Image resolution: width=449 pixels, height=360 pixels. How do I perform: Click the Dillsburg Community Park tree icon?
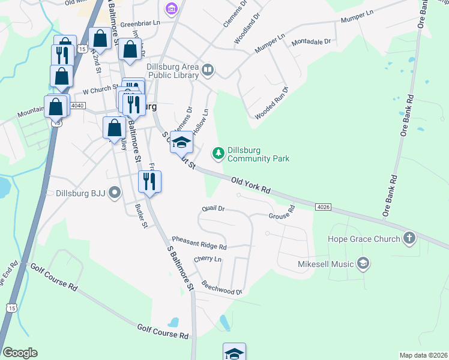point(218,154)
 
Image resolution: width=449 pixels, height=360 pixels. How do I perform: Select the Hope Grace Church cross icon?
point(409,239)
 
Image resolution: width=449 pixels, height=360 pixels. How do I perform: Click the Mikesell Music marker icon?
point(363,263)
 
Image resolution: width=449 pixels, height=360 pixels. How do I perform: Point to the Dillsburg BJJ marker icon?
point(115,193)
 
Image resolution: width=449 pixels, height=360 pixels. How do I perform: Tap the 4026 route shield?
point(323,207)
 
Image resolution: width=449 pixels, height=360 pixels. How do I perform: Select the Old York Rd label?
point(251,184)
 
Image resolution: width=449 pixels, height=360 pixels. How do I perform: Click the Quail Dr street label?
point(213,209)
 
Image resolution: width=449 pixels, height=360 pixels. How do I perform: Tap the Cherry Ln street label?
point(208,259)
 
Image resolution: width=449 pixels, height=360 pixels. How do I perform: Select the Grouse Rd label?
point(282,212)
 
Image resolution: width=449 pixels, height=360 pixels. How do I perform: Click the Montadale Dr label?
point(312,42)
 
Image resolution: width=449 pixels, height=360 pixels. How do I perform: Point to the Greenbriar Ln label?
point(140,23)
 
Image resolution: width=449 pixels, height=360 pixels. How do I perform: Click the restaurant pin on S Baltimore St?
point(149,182)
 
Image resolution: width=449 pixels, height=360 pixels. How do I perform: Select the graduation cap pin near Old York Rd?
point(182,142)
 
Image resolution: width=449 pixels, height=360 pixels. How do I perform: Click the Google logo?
point(20,353)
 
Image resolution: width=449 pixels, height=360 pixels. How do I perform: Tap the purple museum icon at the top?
point(172,8)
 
